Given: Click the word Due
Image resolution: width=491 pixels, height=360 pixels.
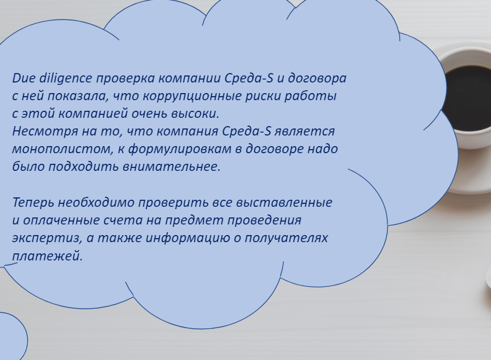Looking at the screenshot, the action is [24, 78].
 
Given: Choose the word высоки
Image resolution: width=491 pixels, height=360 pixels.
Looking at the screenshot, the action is [195, 113].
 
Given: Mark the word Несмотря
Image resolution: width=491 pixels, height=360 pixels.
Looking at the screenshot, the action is [45, 131].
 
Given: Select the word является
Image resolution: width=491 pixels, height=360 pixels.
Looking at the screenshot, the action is [304, 131].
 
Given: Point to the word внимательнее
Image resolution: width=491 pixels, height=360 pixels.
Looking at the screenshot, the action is [171, 167].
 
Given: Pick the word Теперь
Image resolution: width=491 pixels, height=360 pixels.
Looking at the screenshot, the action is [33, 203].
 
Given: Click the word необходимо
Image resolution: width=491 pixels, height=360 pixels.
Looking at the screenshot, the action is [96, 202].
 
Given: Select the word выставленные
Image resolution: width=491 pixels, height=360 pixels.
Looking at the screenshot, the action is [284, 203].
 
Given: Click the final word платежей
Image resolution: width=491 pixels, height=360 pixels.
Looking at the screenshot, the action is [47, 256].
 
